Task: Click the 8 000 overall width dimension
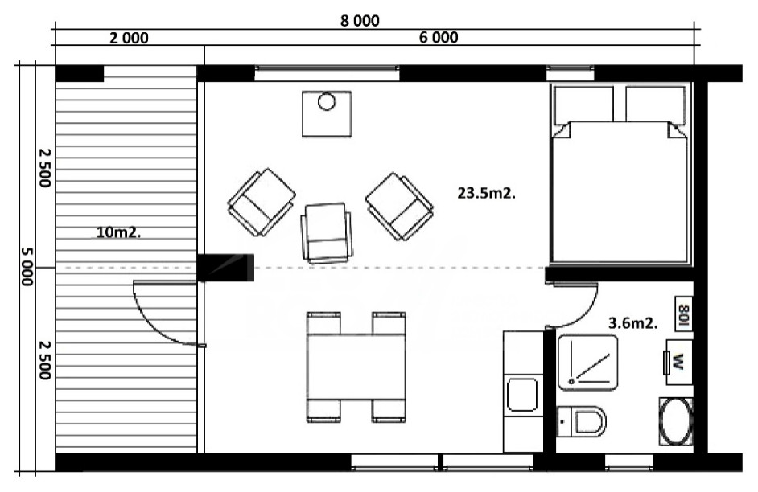tap(360, 21)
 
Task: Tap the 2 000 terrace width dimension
tap(129, 38)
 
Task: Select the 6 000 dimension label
tap(439, 37)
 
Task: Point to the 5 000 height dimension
tap(27, 267)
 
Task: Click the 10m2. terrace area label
tap(119, 232)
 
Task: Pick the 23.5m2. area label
tap(486, 193)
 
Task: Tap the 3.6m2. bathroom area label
tap(632, 323)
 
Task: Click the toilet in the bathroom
tap(582, 421)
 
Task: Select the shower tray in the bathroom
tap(588, 362)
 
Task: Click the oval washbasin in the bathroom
tap(676, 421)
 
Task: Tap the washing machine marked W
tap(678, 362)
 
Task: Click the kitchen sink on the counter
tap(522, 395)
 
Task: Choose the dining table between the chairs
tap(356, 367)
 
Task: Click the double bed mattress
tap(620, 192)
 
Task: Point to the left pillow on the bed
tap(583, 105)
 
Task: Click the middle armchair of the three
tap(327, 232)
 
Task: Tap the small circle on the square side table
tap(327, 102)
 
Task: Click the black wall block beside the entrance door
tap(225, 268)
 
